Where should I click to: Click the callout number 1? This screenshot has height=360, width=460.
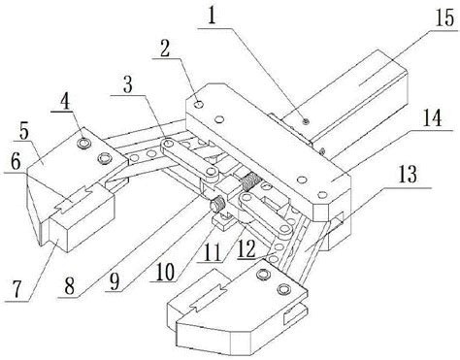(x=212, y=16)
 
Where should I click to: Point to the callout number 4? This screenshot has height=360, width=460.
(x=65, y=103)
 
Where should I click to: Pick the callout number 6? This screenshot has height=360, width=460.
(x=16, y=162)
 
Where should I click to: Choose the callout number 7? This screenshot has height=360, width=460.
(x=17, y=289)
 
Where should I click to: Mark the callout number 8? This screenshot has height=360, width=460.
(x=69, y=284)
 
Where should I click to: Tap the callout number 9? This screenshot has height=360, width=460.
(x=115, y=280)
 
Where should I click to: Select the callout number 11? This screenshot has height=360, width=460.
(x=213, y=252)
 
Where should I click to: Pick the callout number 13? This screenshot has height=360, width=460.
(x=409, y=175)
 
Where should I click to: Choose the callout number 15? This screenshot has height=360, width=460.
(x=445, y=18)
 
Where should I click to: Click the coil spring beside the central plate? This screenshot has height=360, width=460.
(x=250, y=182)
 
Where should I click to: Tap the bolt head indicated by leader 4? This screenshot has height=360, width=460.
(x=84, y=142)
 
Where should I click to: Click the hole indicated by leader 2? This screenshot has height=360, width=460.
(x=198, y=105)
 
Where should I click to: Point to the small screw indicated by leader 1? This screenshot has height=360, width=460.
(x=305, y=121)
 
